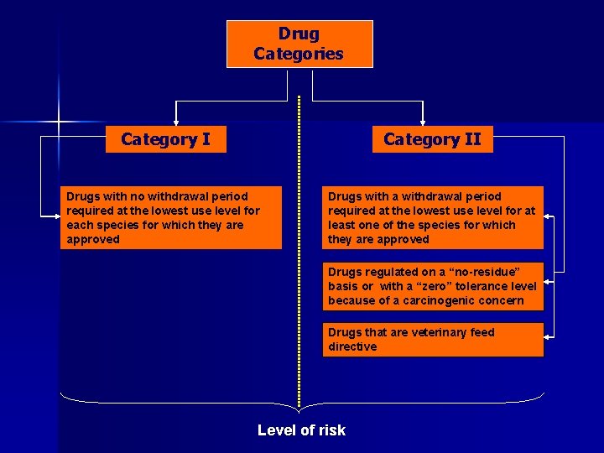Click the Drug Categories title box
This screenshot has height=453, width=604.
coord(299,44)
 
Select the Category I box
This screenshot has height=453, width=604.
coord(165,139)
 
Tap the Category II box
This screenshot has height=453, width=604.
coord(432,139)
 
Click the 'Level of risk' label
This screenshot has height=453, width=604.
coord(301,430)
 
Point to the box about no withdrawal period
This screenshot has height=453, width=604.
coord(171,217)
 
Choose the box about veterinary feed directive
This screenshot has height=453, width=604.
coord(433,340)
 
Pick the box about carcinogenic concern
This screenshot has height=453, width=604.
coord(433,286)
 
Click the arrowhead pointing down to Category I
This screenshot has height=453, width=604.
coord(175,119)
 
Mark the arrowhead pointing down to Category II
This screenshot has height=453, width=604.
coord(423,119)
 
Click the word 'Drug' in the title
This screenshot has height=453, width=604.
coord(299,34)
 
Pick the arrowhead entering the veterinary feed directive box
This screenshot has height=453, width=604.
coord(549,338)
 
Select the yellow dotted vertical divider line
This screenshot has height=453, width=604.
coord(299,252)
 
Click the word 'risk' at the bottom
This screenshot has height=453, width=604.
coord(330,430)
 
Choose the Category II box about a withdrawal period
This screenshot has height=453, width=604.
coord(433,217)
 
